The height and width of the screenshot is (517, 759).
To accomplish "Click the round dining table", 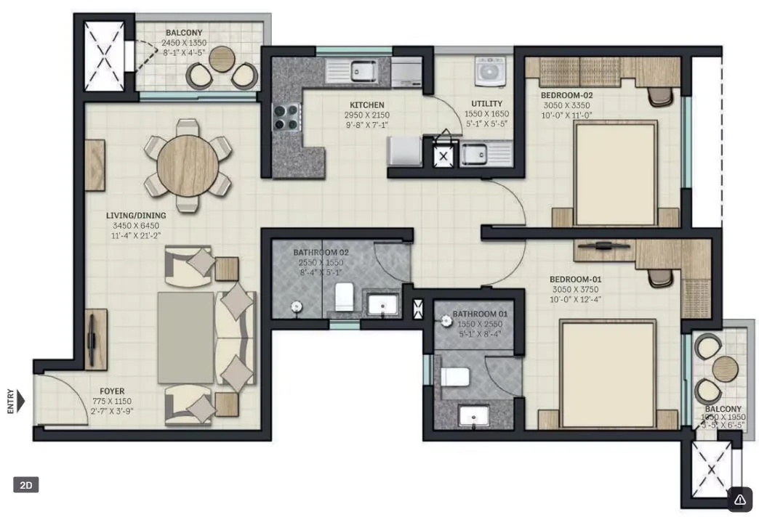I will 188,166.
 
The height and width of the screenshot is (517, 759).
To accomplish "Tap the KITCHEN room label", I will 366,105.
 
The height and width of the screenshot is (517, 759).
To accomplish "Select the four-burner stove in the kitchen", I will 286,115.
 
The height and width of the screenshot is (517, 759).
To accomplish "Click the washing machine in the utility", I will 485,72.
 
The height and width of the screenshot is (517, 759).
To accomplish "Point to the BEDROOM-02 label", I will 567,95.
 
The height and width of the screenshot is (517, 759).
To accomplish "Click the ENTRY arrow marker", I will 20,401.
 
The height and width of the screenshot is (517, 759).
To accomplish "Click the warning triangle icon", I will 740,499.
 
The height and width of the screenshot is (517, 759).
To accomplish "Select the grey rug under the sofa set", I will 186,337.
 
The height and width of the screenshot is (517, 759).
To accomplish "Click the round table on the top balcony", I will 223,59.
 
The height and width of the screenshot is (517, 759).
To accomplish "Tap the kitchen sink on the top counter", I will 361,70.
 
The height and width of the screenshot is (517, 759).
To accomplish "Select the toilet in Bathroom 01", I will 454,377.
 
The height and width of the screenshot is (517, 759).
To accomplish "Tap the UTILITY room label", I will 486,104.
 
